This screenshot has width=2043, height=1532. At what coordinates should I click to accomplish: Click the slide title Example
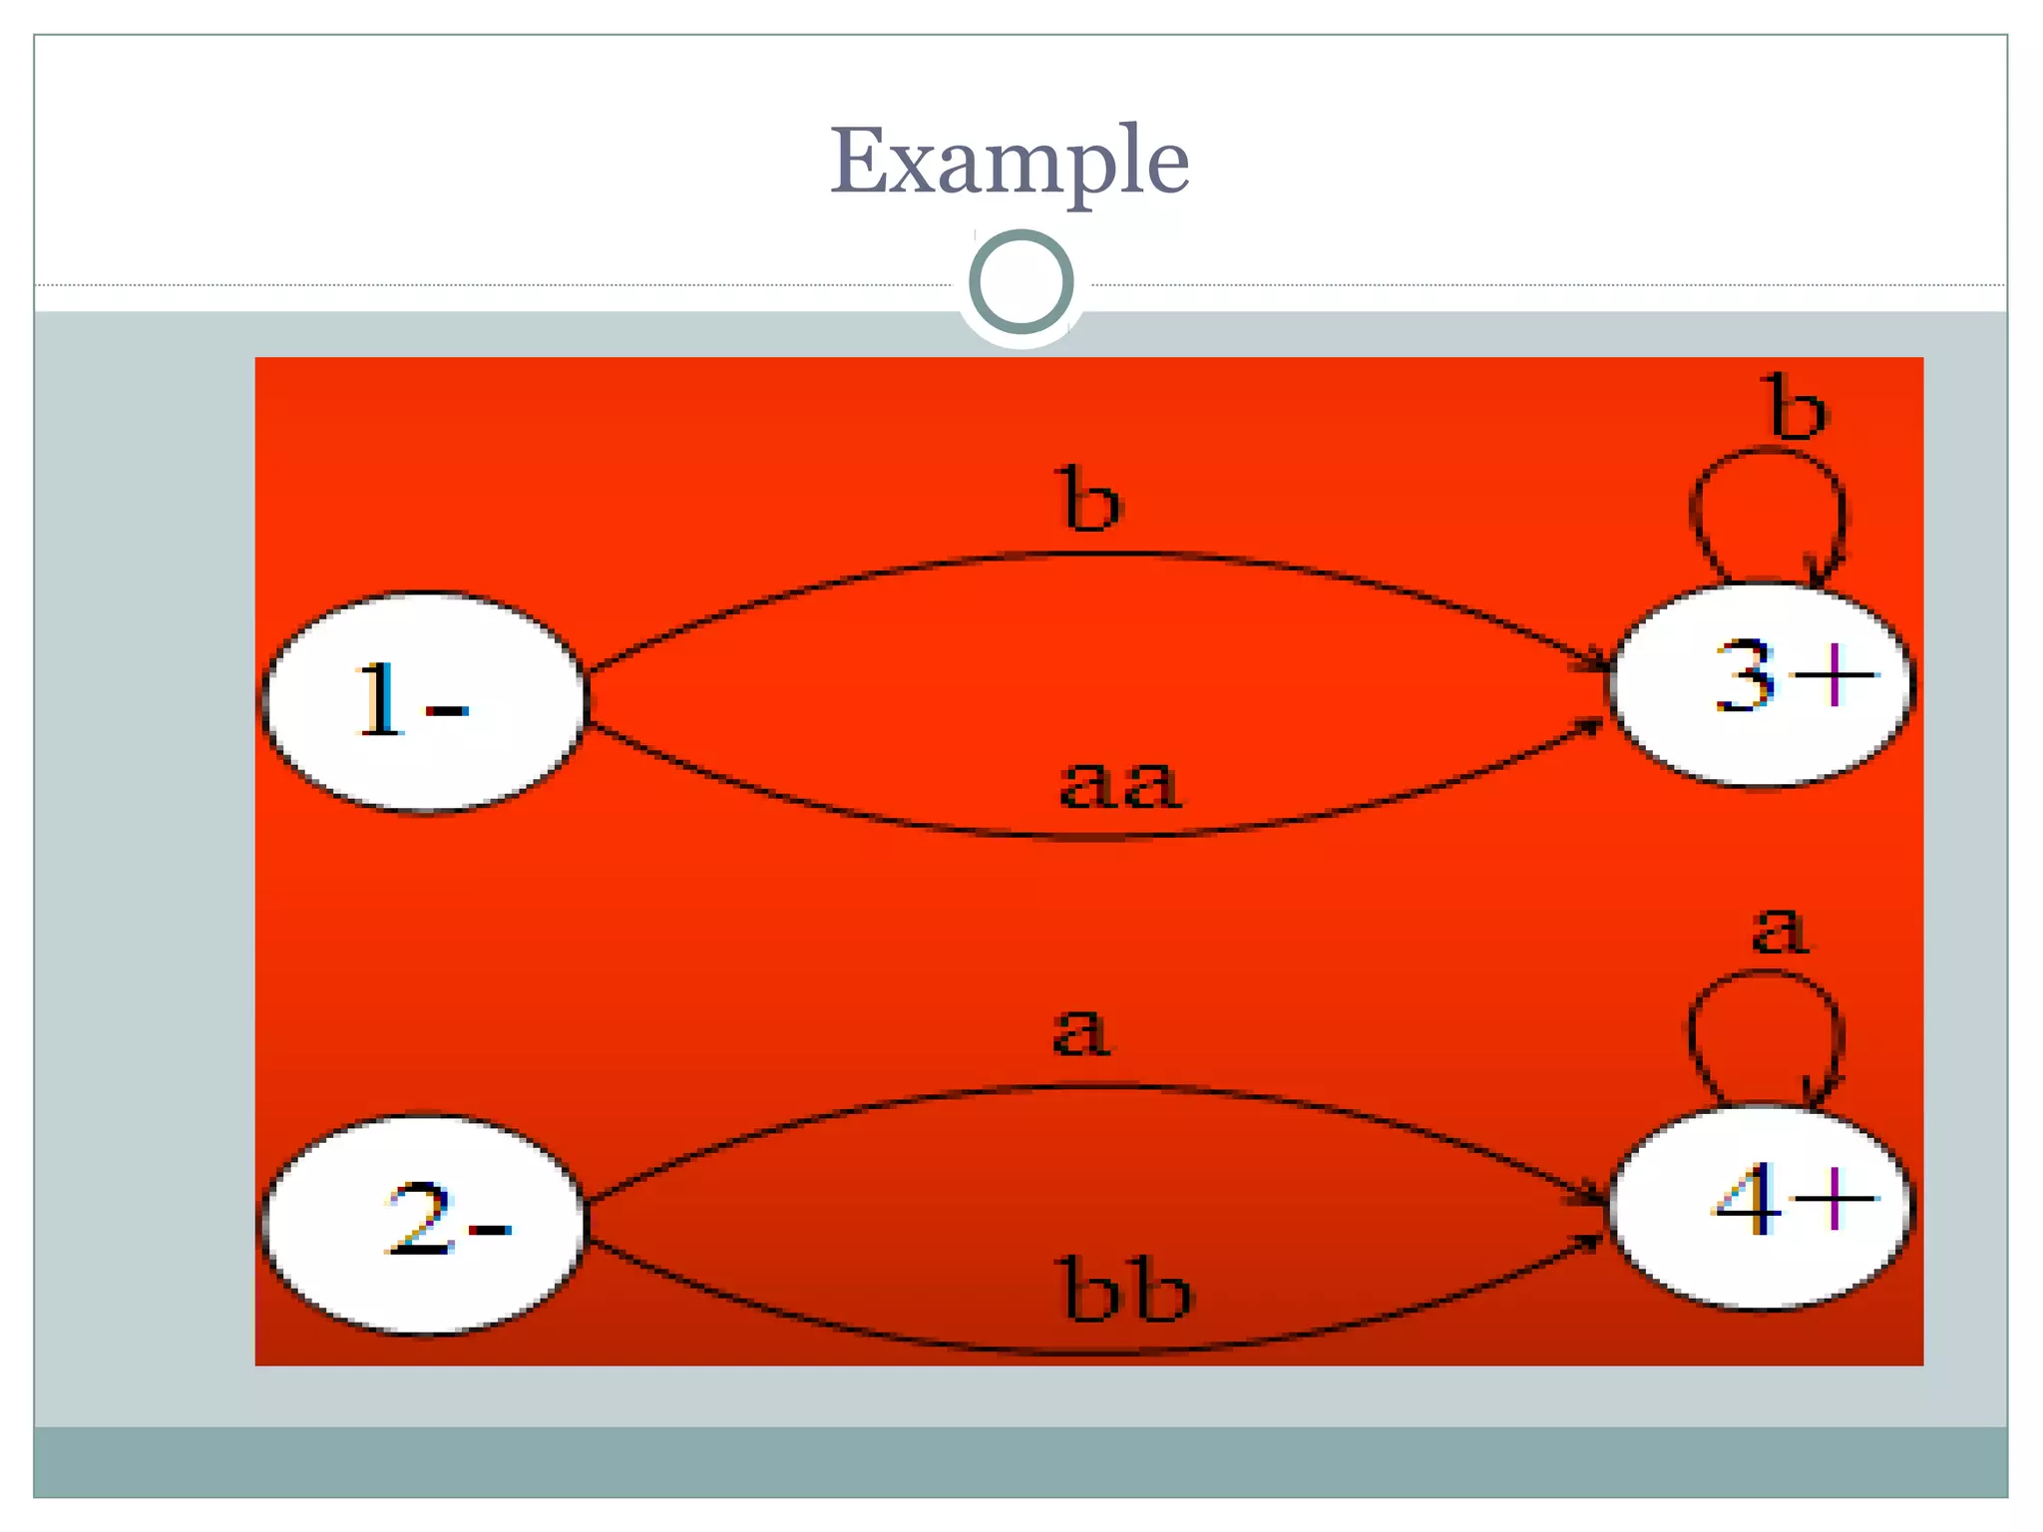tap(1010, 162)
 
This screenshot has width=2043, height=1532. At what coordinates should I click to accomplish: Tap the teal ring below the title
tap(1021, 281)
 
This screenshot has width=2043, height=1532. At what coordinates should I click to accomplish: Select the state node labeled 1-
tap(424, 702)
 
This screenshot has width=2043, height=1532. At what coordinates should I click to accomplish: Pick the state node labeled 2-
tap(424, 1224)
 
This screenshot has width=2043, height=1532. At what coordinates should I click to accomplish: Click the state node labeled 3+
tap(1762, 684)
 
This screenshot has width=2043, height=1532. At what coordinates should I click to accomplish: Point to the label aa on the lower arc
tap(1119, 785)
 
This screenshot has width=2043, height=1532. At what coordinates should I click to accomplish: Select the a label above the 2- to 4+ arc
tap(1080, 1031)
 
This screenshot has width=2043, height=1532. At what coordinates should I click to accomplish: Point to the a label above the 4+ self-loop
tap(1781, 931)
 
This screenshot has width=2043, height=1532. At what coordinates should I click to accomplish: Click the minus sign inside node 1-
tap(447, 710)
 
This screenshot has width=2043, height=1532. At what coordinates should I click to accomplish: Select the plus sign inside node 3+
tap(1834, 676)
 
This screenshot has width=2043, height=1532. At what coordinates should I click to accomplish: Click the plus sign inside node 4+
tap(1834, 1198)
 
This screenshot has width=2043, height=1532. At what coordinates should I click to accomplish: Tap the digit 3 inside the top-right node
tap(1746, 676)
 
